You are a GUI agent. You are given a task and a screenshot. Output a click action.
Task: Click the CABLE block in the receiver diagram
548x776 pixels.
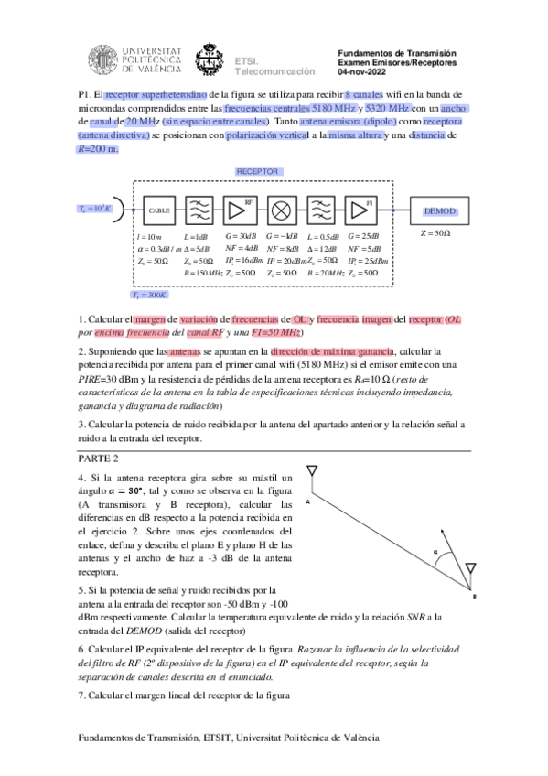tap(159, 210)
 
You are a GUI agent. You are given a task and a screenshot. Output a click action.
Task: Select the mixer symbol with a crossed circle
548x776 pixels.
tap(279, 210)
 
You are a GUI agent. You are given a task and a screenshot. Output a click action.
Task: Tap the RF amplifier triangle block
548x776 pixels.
tap(240, 210)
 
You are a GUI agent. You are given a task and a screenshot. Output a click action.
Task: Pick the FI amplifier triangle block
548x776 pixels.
tap(360, 210)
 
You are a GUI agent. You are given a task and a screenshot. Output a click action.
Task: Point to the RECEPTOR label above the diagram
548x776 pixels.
tap(258, 171)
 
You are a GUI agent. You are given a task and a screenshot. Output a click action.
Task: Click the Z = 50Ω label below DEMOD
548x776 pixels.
tap(435, 233)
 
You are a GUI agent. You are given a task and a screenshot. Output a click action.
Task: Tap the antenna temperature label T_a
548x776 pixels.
tap(95, 209)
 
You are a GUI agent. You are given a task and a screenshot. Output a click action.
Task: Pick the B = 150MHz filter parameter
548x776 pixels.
tap(203, 273)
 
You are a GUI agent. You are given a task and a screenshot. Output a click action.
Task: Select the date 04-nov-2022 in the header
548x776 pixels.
tap(363, 71)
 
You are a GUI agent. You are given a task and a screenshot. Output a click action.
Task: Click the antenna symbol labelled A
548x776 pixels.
tap(312, 473)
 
